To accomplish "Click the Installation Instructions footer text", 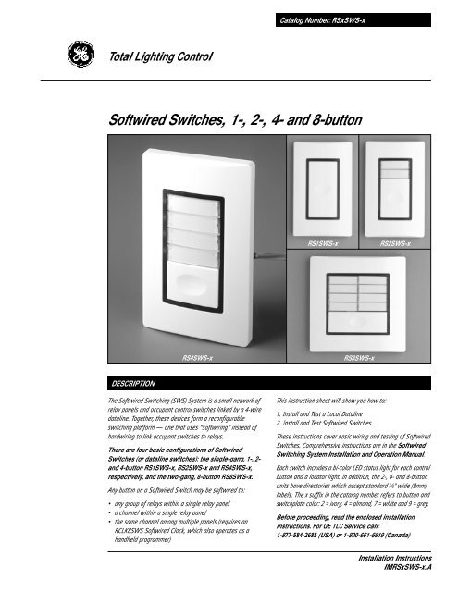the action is [391, 560].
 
